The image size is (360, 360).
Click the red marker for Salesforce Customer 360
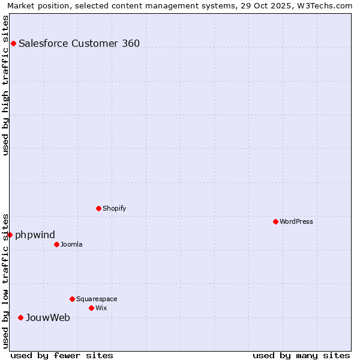13,43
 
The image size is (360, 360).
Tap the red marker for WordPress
275,221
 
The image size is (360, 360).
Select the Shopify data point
98,208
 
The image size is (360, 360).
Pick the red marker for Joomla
56,244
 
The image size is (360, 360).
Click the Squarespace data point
72,299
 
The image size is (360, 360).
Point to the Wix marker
91,308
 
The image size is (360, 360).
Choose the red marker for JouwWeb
20,317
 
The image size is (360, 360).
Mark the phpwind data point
10,235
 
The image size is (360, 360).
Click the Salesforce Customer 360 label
79,43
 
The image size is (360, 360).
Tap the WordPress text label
296,221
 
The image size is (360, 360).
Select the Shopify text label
114,208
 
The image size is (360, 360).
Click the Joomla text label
71,244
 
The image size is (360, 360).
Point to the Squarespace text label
97,299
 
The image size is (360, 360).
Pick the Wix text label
101,308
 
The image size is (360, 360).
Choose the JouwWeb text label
48,317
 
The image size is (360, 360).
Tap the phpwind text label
35,235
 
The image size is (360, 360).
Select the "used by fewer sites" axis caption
62,355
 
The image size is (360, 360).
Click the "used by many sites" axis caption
301,355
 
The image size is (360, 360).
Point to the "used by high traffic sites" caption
6,85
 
